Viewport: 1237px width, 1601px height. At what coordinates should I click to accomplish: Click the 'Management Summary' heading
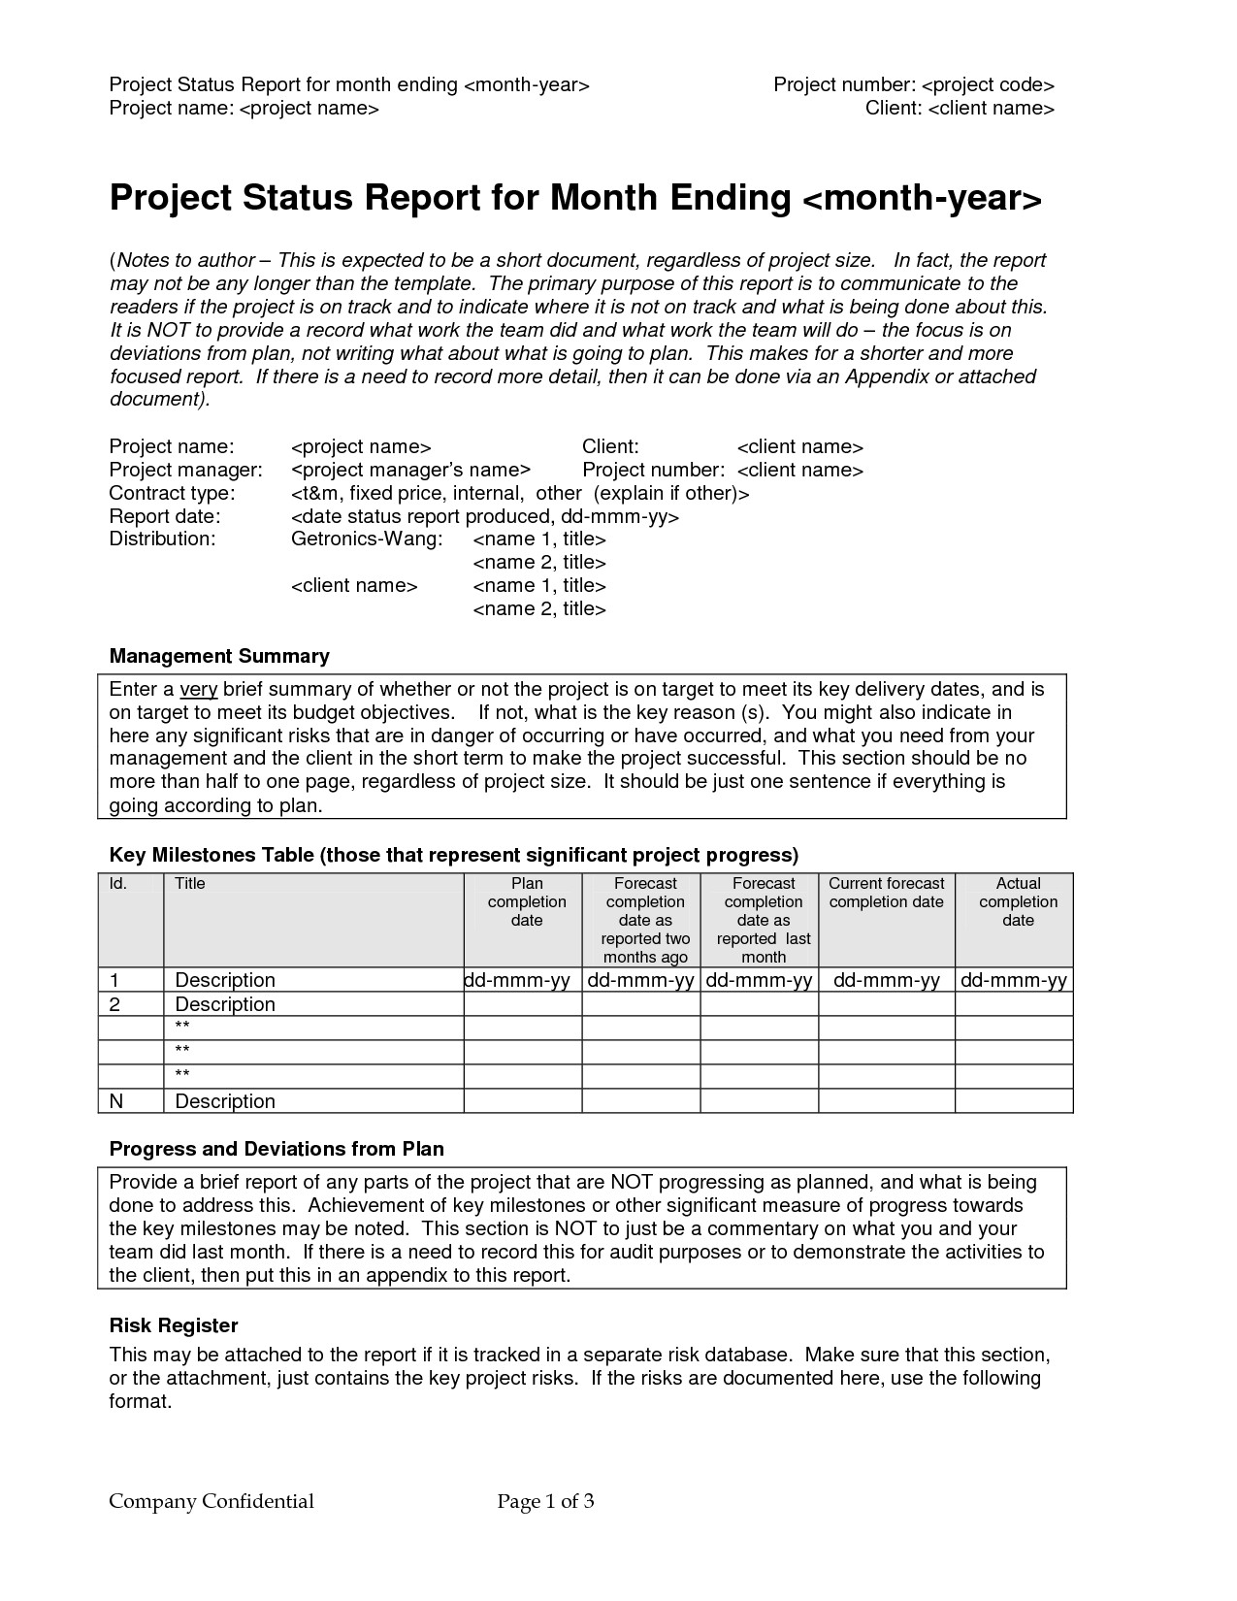point(219,657)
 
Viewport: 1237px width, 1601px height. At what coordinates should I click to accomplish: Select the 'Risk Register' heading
point(174,1326)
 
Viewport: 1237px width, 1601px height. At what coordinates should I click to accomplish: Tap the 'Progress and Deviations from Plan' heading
point(277,1150)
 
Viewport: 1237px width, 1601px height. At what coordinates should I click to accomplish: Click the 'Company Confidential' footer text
point(212,1502)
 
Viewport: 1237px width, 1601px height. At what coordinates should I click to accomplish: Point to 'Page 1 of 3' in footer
point(545,1502)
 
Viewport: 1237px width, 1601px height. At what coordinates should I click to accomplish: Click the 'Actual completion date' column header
point(1018,901)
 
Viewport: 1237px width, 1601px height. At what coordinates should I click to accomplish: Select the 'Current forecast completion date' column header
point(886,893)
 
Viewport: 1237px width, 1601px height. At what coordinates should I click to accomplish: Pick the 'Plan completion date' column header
point(527,901)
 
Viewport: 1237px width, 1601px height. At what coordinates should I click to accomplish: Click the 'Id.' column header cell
point(117,884)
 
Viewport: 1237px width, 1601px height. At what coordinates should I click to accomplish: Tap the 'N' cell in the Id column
point(116,1101)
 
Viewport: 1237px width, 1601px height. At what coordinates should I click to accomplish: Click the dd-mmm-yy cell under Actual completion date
point(1014,980)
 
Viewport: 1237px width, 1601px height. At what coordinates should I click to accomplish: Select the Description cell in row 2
point(225,1004)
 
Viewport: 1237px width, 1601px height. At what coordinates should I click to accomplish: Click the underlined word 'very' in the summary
point(198,690)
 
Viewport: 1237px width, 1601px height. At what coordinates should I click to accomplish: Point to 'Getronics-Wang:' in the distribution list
point(367,539)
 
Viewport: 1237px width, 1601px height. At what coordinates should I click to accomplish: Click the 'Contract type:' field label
point(172,493)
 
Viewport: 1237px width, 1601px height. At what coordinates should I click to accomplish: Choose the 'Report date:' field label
point(165,516)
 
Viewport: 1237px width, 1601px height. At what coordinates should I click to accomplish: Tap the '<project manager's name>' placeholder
point(410,471)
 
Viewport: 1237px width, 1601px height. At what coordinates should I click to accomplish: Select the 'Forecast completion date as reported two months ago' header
point(645,920)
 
